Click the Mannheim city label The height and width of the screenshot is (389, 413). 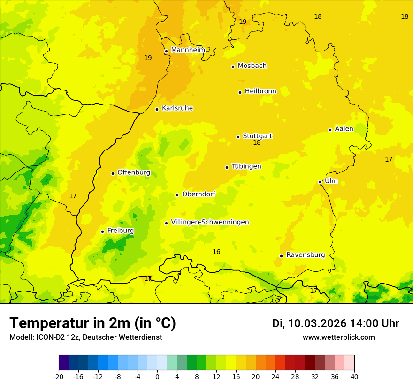coord(188,50)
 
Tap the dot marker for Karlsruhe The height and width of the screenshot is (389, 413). coord(157,109)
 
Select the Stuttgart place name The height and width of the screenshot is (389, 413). coord(257,136)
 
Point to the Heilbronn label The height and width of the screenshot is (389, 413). coord(260,91)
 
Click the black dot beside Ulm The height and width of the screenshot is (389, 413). coord(320,182)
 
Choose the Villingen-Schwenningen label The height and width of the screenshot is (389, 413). coord(210,222)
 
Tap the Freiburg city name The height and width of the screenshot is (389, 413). coord(120,231)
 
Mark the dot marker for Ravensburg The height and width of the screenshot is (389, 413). coord(282,256)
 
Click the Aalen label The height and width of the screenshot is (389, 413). coord(344,129)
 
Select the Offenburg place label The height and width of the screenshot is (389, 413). coord(134,172)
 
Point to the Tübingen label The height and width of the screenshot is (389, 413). coord(246,166)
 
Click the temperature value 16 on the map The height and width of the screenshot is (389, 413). coord(216,252)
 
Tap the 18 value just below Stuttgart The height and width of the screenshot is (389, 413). coord(257,143)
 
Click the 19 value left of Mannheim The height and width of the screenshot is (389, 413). coord(148,58)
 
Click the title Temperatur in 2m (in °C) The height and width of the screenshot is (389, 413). coord(92,323)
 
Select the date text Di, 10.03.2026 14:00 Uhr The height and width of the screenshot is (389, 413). coord(336,323)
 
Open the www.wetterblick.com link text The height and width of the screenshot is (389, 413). coord(338,337)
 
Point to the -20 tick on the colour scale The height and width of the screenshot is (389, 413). coord(59,376)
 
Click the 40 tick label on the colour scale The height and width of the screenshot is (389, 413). coord(354,376)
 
